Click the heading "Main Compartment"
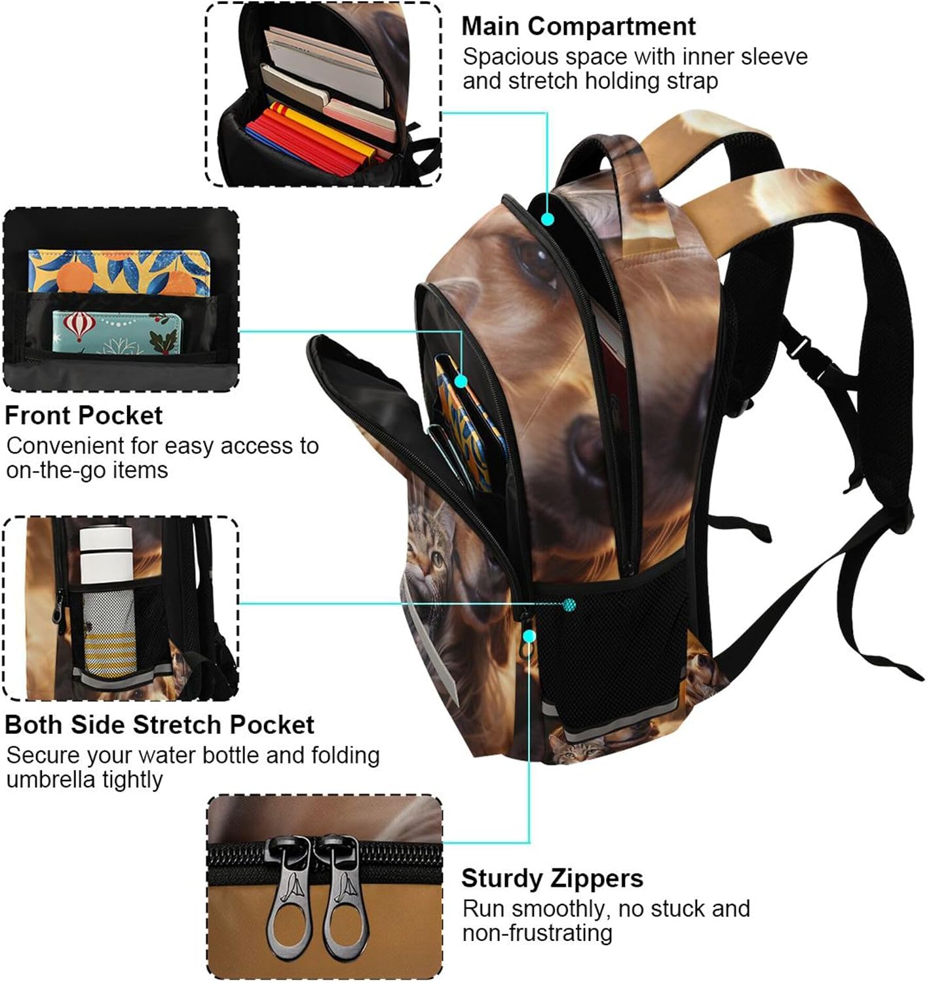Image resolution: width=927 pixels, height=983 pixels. (x=578, y=27)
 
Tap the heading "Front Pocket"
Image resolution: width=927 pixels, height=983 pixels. (x=84, y=415)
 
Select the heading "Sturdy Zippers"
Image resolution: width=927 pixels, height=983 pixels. (x=552, y=879)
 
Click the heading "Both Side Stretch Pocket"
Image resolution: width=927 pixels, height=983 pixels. (x=159, y=725)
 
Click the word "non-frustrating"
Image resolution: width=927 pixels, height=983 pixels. (x=537, y=933)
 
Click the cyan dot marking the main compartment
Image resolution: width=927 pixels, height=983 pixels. (x=548, y=219)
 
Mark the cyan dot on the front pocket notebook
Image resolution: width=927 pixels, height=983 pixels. (x=461, y=381)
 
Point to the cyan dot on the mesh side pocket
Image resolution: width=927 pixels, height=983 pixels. (x=569, y=604)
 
